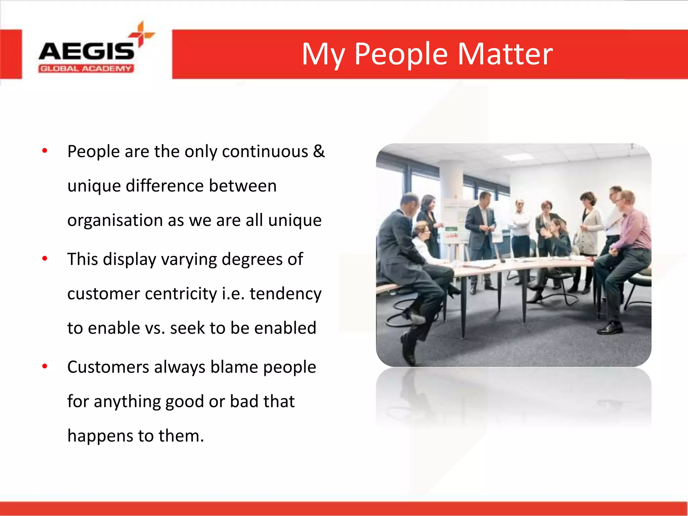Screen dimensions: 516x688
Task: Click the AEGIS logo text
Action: pos(86,51)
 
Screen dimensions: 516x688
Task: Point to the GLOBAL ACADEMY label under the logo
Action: pos(86,69)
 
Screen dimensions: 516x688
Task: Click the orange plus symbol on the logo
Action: pos(141,34)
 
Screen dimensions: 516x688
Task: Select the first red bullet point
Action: pos(45,151)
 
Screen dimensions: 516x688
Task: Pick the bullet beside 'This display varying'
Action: pos(45,259)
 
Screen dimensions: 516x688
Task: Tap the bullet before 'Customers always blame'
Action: pos(45,366)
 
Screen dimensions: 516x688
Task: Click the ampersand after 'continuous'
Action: pos(318,151)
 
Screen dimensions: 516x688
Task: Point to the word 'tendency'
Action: pos(285,294)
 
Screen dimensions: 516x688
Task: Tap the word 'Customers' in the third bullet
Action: pos(108,367)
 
